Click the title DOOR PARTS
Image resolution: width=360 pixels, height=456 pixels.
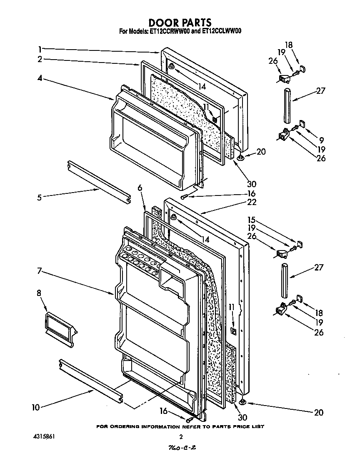coord(180,22)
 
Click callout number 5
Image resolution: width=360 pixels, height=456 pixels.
coord(39,197)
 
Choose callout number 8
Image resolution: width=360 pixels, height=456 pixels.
coord(39,293)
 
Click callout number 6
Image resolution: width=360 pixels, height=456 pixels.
coord(140,188)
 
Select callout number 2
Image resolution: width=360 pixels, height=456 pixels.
coord(40,59)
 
